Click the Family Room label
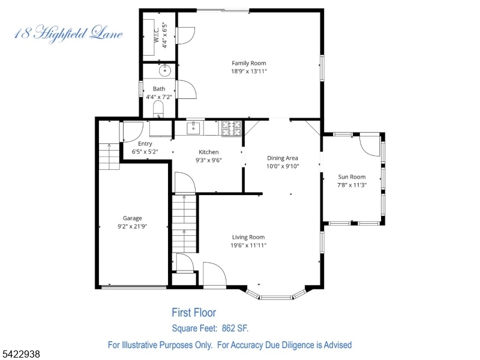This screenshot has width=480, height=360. point(248,63)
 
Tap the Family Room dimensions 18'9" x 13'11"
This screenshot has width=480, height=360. point(249,71)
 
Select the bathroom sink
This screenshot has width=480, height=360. point(164,71)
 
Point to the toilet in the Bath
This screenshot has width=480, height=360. point(158,110)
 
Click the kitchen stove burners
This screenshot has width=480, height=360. point(232,128)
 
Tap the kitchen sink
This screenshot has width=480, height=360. point(193,128)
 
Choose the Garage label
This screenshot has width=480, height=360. point(132,218)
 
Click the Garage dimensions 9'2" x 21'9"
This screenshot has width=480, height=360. point(132,227)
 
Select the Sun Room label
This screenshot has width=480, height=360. point(352,176)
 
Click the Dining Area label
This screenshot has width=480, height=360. point(282,158)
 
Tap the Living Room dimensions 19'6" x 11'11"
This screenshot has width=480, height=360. point(248,245)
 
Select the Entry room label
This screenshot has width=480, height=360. point(145,143)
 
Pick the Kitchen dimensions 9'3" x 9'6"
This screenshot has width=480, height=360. point(208,160)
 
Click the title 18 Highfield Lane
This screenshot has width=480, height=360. point(68,34)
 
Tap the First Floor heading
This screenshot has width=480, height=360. point(194,313)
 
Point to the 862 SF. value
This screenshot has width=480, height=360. point(235,328)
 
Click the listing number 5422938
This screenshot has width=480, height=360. point(20,354)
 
